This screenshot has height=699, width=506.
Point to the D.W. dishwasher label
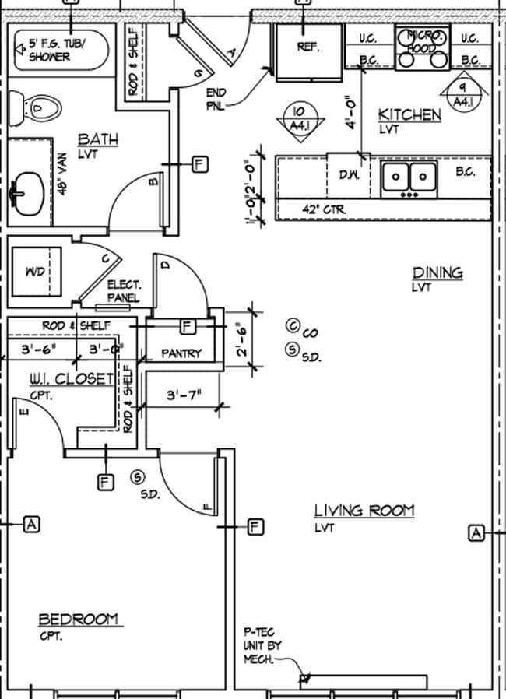(x=349, y=175)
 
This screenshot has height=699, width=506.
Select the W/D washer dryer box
(x=34, y=272)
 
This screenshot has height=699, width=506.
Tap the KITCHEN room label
(x=409, y=115)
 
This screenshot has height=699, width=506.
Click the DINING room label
(x=437, y=273)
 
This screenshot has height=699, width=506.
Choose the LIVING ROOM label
(x=364, y=511)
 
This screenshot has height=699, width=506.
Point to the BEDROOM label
(x=79, y=620)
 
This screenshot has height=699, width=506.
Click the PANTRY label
(x=181, y=353)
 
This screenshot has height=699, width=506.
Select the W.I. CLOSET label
(x=72, y=378)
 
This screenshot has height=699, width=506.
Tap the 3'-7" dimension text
(x=184, y=395)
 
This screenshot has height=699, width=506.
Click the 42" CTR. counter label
(x=324, y=209)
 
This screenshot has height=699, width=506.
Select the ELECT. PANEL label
(x=124, y=292)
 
